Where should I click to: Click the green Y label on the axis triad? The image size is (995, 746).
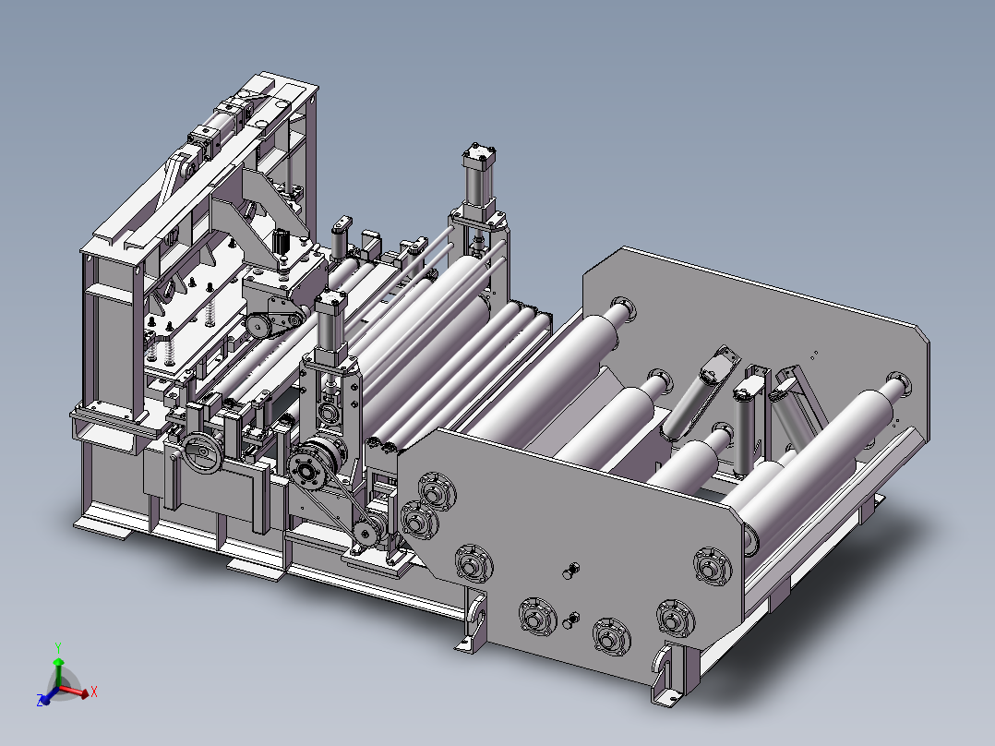(58, 648)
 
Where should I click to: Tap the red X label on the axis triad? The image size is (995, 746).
(94, 692)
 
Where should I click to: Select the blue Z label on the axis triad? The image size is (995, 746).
(41, 701)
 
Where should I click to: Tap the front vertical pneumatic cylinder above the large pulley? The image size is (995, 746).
(331, 324)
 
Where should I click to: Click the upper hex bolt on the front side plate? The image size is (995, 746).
(571, 571)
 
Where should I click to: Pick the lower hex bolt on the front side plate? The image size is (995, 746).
(571, 620)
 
